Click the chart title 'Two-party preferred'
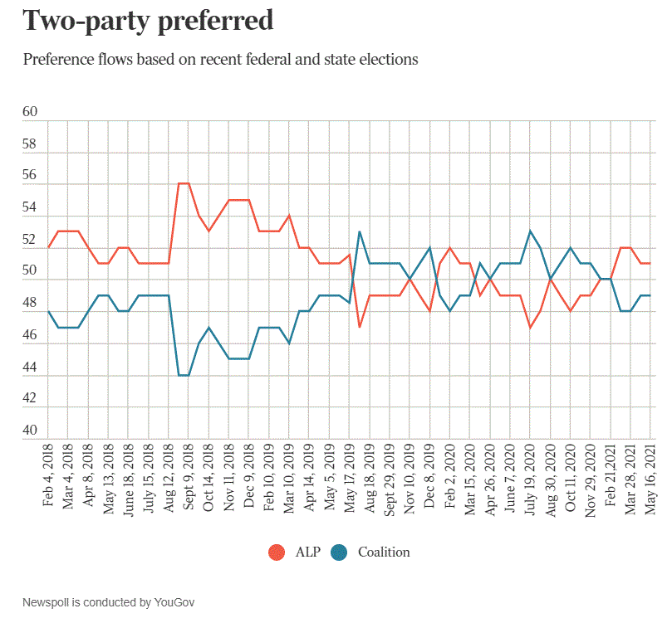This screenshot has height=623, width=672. pyautogui.click(x=148, y=21)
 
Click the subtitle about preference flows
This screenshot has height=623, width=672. pyautogui.click(x=220, y=60)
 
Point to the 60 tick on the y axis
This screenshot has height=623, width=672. pyautogui.click(x=31, y=112)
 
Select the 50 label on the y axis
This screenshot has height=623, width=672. pyautogui.click(x=31, y=271)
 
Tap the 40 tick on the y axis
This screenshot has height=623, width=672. pyautogui.click(x=31, y=431)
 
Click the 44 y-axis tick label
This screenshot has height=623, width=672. pyautogui.click(x=31, y=367)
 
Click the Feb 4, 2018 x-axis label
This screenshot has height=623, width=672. pyautogui.click(x=48, y=479)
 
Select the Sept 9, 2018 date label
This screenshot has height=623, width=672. pyautogui.click(x=189, y=479)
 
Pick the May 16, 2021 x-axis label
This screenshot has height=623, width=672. pyautogui.click(x=650, y=479)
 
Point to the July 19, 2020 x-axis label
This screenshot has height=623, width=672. pyautogui.click(x=530, y=479)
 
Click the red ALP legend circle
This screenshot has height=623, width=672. pyautogui.click(x=277, y=552)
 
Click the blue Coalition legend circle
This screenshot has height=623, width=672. pyautogui.click(x=339, y=552)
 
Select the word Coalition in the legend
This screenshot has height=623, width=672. pyautogui.click(x=384, y=552)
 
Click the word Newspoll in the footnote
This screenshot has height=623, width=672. pyautogui.click(x=47, y=601)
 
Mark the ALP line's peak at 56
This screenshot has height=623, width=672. pyautogui.click(x=184, y=183)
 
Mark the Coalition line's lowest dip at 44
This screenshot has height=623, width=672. pyautogui.click(x=184, y=375)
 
